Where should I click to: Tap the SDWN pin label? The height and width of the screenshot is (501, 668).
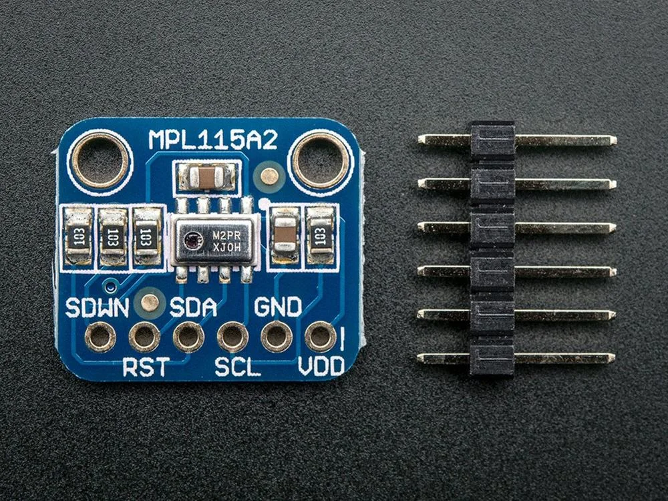[97, 308]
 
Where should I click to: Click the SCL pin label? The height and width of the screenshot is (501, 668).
[237, 367]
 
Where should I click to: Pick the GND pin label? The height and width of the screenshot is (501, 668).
[278, 307]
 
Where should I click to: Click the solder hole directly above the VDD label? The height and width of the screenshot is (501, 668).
[320, 336]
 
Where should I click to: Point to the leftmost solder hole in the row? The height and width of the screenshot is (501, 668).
[100, 337]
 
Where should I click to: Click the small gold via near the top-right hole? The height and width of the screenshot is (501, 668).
[269, 176]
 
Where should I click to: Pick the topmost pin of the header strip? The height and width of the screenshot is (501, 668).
[516, 140]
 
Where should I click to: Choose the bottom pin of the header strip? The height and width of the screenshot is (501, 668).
[516, 359]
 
